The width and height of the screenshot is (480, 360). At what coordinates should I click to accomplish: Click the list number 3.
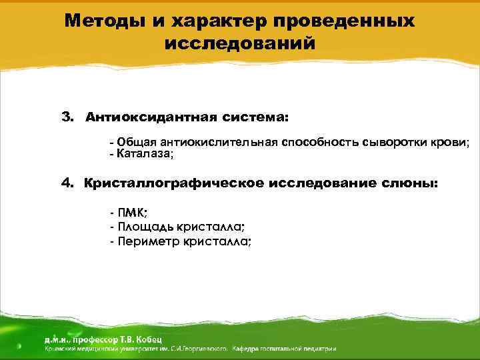(67, 117)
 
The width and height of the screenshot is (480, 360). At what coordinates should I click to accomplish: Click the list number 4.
(67, 183)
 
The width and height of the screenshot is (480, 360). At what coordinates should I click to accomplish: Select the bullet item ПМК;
(132, 213)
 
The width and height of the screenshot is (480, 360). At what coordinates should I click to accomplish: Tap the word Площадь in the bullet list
(141, 227)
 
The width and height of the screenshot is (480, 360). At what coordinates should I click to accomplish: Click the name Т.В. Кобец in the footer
(133, 339)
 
